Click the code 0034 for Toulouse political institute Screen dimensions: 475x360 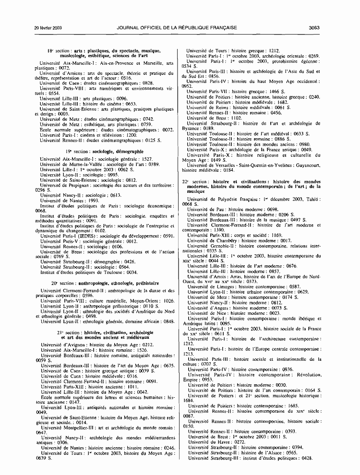pyautogui.click(x=132, y=272)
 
